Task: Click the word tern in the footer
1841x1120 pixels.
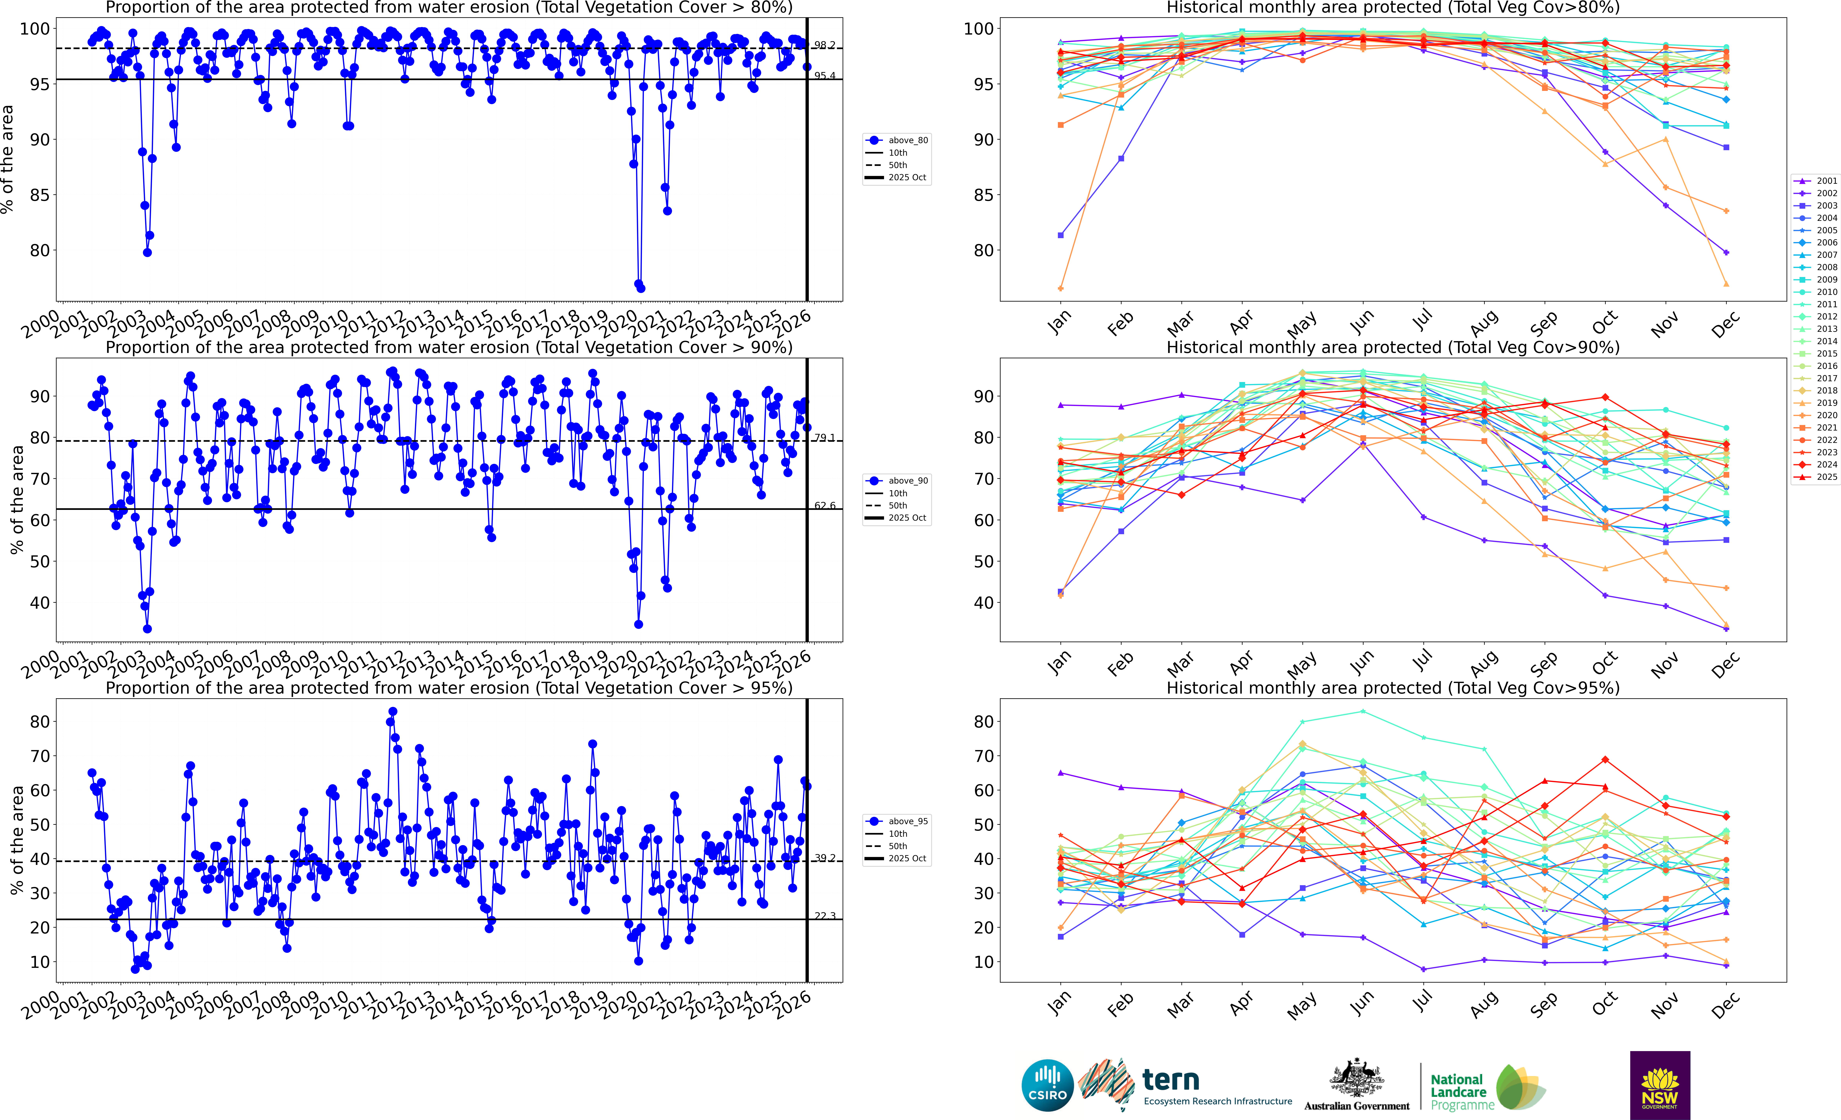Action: coord(1171,1080)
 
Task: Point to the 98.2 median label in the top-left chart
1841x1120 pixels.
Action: coord(825,46)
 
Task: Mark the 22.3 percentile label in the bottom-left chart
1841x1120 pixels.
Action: coord(825,916)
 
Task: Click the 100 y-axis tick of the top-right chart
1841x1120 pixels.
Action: coord(978,29)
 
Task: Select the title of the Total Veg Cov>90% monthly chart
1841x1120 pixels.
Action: coord(1393,347)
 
